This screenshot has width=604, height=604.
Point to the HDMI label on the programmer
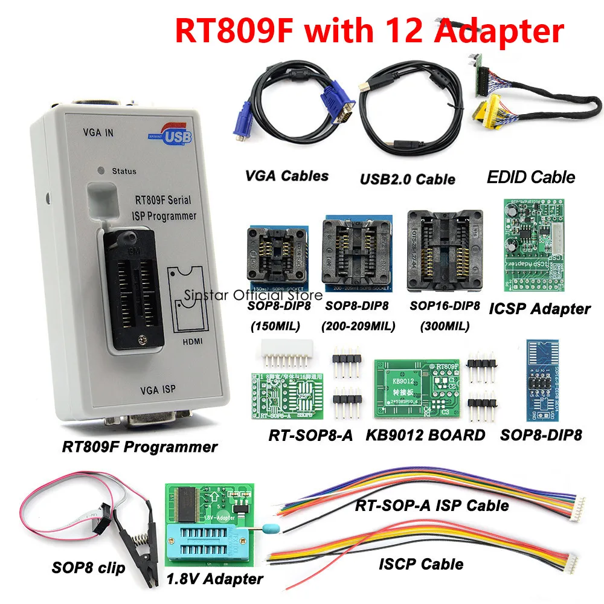click(188, 340)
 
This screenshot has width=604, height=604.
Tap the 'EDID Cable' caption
click(531, 177)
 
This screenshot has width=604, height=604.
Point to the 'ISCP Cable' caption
click(422, 564)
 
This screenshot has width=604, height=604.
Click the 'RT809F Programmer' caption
click(140, 448)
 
